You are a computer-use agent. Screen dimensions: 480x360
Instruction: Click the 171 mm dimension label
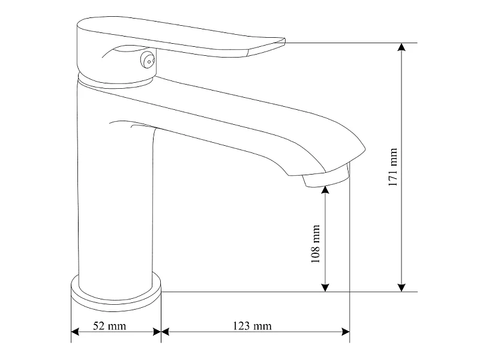tap(392, 167)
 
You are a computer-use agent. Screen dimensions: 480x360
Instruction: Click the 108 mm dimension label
tap(316, 244)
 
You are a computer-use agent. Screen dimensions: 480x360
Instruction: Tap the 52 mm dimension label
tap(110, 326)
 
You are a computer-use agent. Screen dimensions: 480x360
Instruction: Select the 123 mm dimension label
tap(252, 326)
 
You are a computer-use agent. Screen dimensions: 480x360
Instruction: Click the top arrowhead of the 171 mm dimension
tap(401, 47)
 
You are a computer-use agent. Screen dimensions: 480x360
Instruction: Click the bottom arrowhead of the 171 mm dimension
tap(401, 287)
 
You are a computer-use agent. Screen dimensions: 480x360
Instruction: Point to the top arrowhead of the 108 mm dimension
tap(325, 190)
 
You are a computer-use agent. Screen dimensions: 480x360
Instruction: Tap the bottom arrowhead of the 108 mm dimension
tap(325, 287)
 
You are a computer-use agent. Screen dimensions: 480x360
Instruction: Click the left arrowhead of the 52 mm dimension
tap(76, 332)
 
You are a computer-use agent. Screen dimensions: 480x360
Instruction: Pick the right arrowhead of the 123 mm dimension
tap(346, 332)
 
